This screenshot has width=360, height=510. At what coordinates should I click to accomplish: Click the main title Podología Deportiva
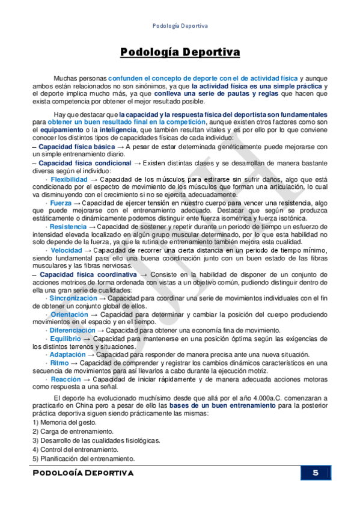point(180,52)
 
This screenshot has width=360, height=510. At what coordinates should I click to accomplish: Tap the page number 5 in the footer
point(315,473)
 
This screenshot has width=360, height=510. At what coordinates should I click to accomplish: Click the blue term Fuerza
point(61,203)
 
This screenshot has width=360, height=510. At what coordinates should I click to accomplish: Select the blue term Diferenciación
point(72,330)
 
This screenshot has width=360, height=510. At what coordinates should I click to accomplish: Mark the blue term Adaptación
point(69,355)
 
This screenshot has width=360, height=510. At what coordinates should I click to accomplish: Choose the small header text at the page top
point(180,26)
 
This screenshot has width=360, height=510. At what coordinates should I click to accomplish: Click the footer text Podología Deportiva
point(84,473)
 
